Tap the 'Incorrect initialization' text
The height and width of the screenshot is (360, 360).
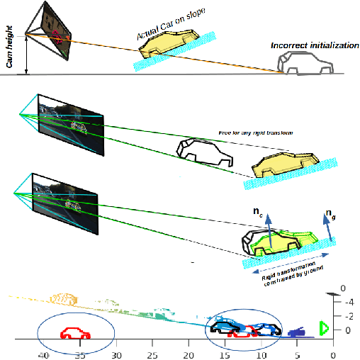point(315,45)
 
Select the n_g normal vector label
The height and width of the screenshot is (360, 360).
point(331,213)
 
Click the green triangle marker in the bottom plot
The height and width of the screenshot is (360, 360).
point(323,327)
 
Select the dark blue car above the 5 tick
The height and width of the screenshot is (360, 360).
point(295,331)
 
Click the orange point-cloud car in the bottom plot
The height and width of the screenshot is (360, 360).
point(63,297)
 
